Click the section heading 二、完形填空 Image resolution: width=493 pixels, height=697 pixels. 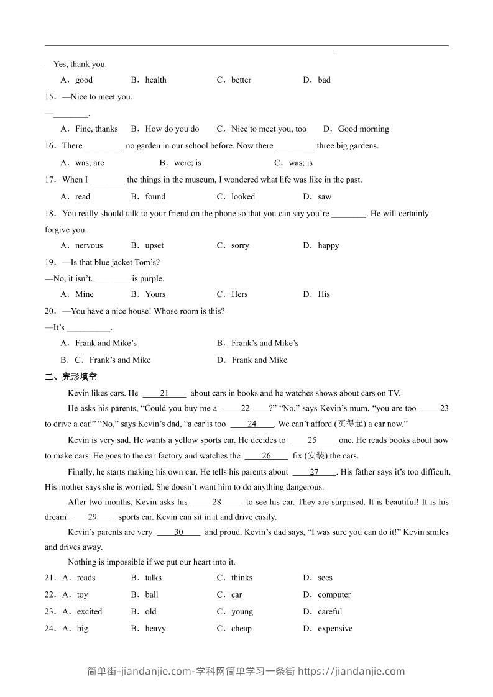[71, 376]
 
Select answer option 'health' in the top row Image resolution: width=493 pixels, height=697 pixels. [155, 80]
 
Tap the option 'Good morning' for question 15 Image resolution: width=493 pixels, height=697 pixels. [363, 129]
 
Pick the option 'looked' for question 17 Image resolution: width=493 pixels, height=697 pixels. [243, 197]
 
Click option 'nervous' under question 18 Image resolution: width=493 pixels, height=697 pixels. [89, 245]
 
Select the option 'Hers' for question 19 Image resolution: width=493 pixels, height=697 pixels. [239, 294]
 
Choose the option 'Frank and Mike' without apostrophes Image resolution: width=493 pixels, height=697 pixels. [259, 360]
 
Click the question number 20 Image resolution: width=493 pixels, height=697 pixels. [50, 311]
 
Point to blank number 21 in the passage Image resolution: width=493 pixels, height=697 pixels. [164, 393]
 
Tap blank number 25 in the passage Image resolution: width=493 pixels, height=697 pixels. [312, 440]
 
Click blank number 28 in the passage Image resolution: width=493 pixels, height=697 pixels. [216, 502]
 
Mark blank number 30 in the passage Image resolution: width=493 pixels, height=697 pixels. [178, 532]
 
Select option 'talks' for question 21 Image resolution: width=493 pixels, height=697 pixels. [153, 578]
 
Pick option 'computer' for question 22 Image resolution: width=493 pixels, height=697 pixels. [334, 595]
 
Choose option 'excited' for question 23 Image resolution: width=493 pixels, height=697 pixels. [90, 612]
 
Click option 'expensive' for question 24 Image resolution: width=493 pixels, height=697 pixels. [335, 629]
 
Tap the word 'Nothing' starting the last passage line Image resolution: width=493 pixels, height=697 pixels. [82, 562]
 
